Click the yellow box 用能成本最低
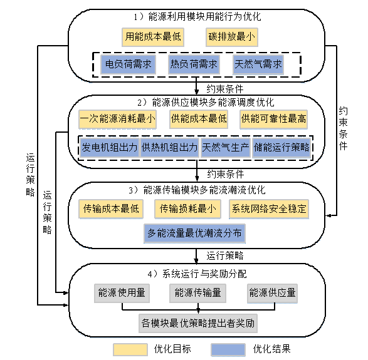coord(153,37)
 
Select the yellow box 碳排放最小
coord(232,37)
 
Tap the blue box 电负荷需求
coord(128,64)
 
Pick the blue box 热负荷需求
coord(194,64)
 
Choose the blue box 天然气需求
coord(258,64)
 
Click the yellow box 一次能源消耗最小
coord(117,119)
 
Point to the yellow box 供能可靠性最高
coord(274,119)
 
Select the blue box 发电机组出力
coord(109,148)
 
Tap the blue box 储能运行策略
coord(281,148)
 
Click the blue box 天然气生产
coord(226,148)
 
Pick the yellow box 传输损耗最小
coord(187,209)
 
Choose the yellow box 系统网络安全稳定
coord(269,209)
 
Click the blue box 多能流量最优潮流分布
coord(194,234)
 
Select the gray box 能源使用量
coord(122,293)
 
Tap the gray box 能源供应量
coord(273,293)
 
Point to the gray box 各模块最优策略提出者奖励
coord(198,324)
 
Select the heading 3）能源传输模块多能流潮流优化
coord(197,190)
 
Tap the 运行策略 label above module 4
coord(225,255)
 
